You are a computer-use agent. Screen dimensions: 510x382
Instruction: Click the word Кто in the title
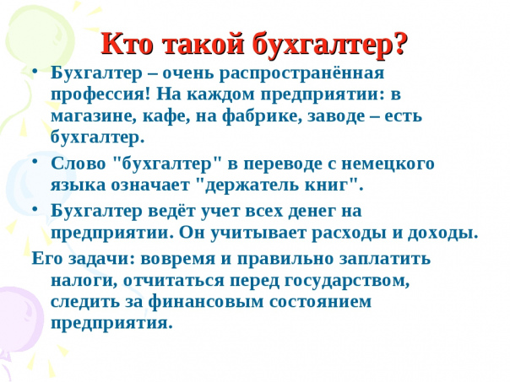(x=127, y=43)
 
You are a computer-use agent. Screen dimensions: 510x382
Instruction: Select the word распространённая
(x=301, y=74)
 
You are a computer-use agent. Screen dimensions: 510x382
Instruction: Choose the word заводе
(x=336, y=116)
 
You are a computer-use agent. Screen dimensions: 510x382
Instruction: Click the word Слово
(x=79, y=163)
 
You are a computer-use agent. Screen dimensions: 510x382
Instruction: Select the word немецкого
(x=388, y=164)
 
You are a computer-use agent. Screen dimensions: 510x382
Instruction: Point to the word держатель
(x=252, y=185)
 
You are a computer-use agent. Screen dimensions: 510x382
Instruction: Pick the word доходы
(x=441, y=233)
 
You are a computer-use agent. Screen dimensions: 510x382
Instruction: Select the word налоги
(x=84, y=281)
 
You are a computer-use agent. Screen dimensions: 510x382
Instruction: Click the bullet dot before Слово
(x=35, y=160)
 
